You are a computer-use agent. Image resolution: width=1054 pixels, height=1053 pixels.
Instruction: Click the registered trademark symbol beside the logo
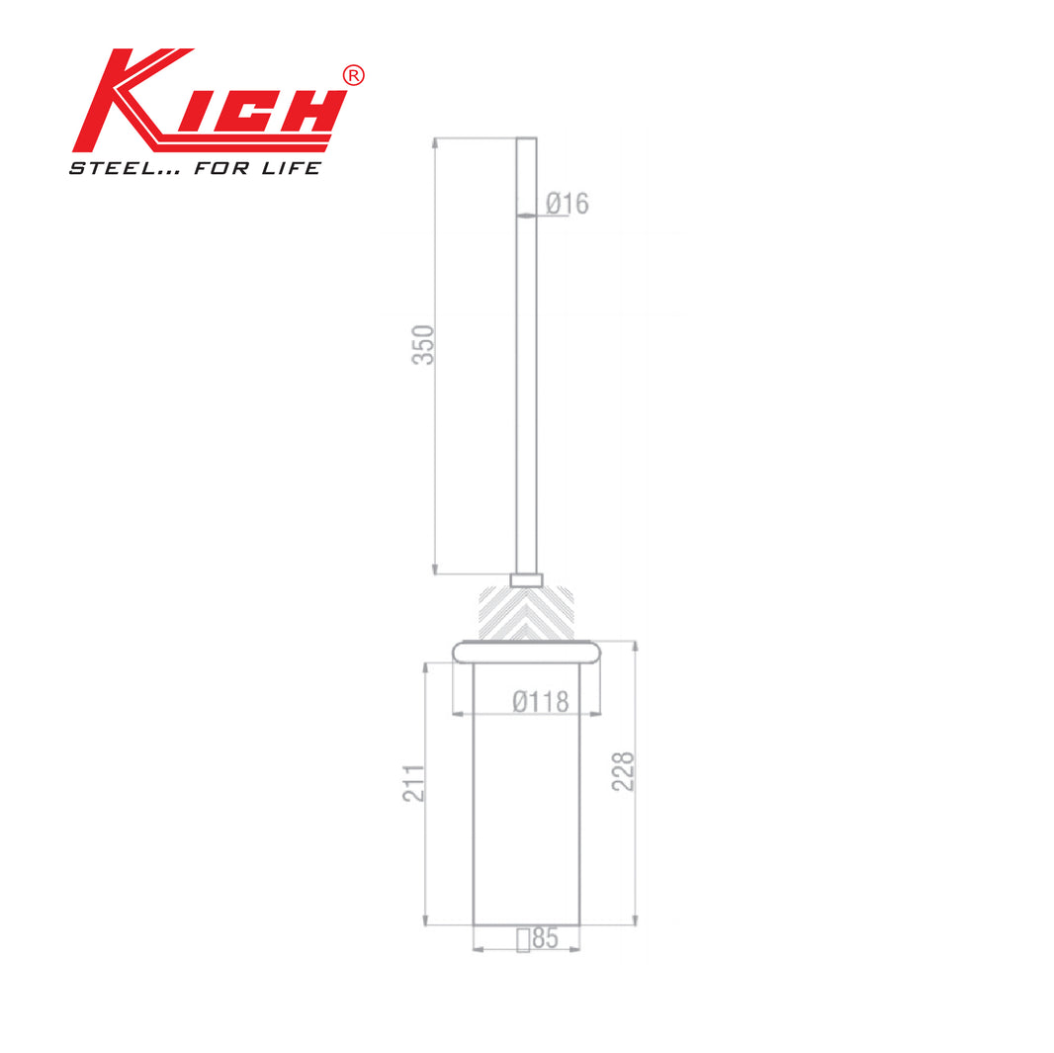(353, 76)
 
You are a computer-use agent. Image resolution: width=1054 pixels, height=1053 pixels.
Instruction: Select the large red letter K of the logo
(124, 99)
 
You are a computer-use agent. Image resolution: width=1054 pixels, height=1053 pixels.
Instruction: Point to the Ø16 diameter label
(568, 204)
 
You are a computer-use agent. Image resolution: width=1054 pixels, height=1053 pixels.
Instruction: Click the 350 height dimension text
(423, 344)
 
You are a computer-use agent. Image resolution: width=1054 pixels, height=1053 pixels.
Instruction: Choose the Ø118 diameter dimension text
(541, 702)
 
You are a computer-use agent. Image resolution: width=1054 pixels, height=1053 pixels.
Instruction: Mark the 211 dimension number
(413, 783)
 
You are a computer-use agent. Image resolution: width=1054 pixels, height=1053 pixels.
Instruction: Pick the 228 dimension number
(623, 771)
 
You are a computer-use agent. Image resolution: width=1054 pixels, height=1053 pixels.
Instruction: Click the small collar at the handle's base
(526, 579)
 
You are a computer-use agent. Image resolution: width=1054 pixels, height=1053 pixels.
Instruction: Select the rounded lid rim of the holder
(526, 651)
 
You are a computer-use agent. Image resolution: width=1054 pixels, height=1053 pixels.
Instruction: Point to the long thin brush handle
(526, 356)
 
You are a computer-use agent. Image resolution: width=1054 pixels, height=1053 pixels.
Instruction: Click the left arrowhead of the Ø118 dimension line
(457, 712)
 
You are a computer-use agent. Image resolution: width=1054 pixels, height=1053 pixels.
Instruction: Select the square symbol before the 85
(523, 940)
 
